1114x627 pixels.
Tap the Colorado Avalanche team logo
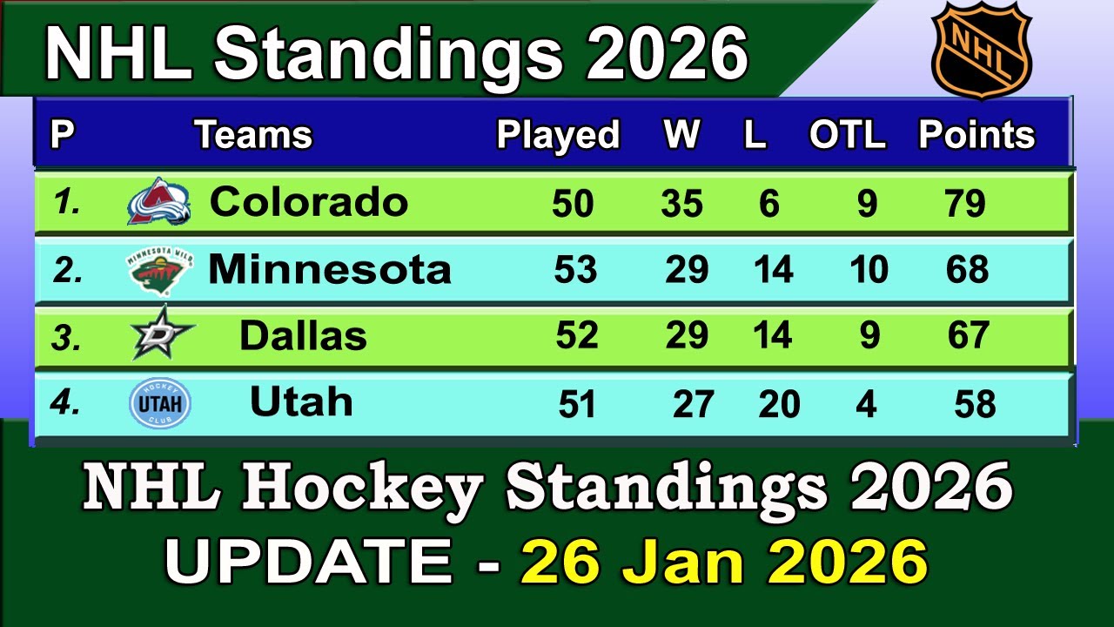point(158,203)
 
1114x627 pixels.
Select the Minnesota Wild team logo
point(159,270)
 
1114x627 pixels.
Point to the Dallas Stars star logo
point(162,334)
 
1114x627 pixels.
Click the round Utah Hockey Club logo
point(159,403)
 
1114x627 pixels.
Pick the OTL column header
point(847,135)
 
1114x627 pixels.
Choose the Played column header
point(558,135)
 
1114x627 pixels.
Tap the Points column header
point(976,135)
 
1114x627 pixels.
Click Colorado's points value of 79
point(965,204)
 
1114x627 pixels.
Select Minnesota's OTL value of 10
point(868,270)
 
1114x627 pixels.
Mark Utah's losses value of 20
point(778,405)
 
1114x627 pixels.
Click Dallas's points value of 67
point(968,336)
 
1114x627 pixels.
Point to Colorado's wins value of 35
point(681,204)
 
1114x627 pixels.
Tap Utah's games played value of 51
point(576,405)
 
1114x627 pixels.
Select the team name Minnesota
point(330,270)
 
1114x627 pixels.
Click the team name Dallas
point(303,336)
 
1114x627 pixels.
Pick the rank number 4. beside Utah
point(65,403)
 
